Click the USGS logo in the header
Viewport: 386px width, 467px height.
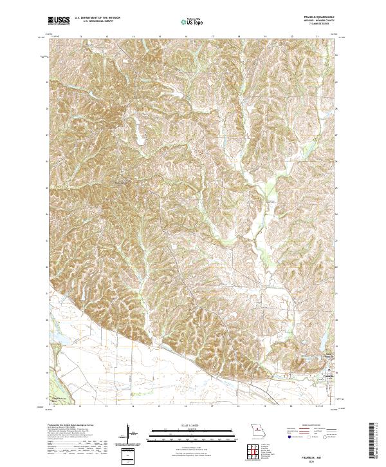[59, 21]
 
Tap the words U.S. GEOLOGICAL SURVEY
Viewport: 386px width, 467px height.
[95, 22]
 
